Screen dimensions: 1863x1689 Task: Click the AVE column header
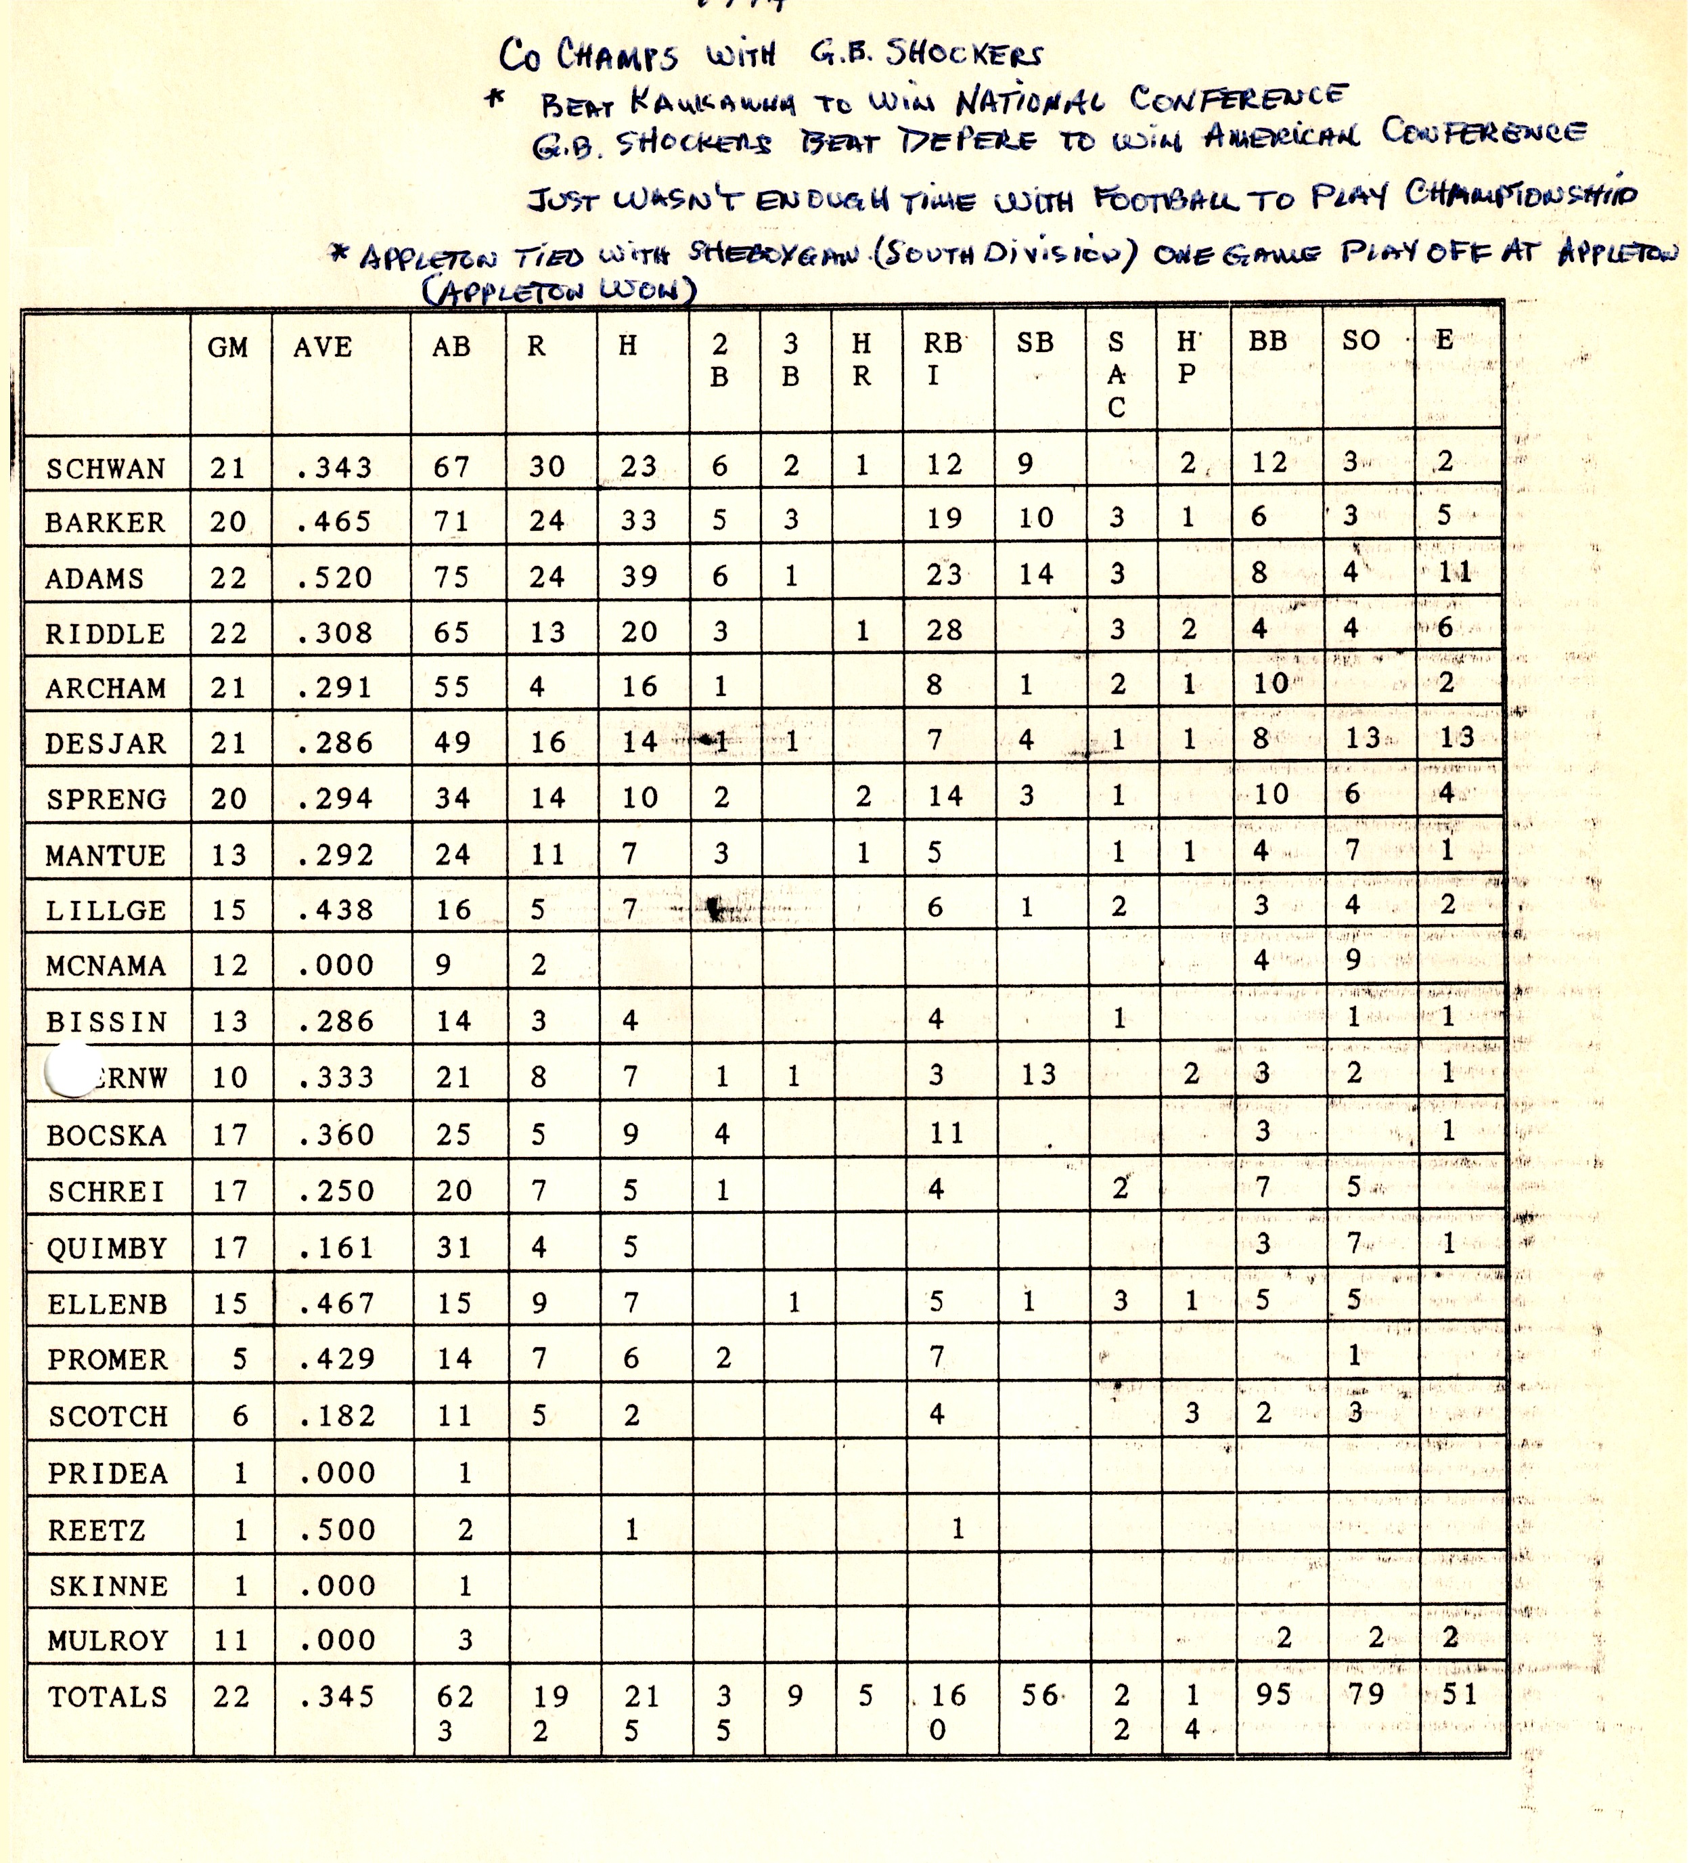coord(323,347)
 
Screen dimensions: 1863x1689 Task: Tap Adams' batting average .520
coord(334,577)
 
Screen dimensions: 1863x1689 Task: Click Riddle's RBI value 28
coord(944,630)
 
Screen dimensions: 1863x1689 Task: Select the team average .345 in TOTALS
coord(337,1696)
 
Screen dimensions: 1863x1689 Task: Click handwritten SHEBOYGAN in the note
coord(772,253)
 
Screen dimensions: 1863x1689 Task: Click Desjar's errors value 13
coord(1456,737)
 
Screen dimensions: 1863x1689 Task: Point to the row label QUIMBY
coord(106,1248)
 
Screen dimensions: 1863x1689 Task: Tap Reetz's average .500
coord(337,1529)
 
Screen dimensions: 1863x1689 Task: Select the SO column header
coord(1360,340)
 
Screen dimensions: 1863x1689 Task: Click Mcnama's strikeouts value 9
coord(1353,959)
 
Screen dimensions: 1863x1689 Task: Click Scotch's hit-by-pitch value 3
coord(1192,1412)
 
